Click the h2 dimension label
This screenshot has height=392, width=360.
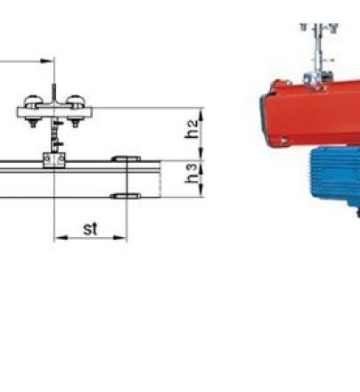pos(192,129)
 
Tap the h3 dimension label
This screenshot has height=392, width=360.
pos(192,173)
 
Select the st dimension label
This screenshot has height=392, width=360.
pos(90,229)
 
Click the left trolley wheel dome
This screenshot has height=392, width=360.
pos(33,102)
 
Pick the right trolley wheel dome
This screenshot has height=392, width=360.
pos(76,102)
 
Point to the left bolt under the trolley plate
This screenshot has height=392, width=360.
pos(33,123)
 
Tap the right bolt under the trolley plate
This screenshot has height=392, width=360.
pos(75,123)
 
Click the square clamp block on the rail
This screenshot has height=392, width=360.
pos(54,160)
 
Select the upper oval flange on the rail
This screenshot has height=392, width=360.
pos(126,159)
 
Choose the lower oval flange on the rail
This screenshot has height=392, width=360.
pos(126,196)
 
